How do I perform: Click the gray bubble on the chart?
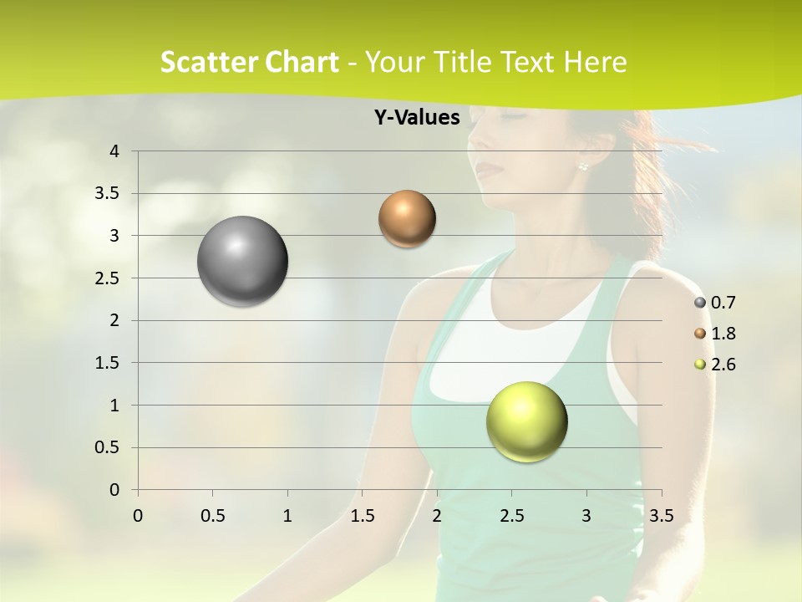tap(242, 261)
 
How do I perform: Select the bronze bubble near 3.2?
tap(407, 219)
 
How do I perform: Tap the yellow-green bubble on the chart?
tap(526, 421)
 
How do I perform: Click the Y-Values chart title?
tap(416, 118)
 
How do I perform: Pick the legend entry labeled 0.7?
tap(716, 303)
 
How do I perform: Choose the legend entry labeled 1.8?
tap(716, 334)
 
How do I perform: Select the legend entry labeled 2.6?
tap(716, 365)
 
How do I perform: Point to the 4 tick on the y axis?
tap(115, 151)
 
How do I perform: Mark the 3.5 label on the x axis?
tap(661, 516)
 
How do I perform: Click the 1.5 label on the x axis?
tap(362, 516)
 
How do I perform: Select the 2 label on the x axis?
tap(437, 516)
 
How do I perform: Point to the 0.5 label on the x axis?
tap(212, 516)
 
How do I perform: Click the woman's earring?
tap(582, 166)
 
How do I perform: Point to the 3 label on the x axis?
tap(586, 516)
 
